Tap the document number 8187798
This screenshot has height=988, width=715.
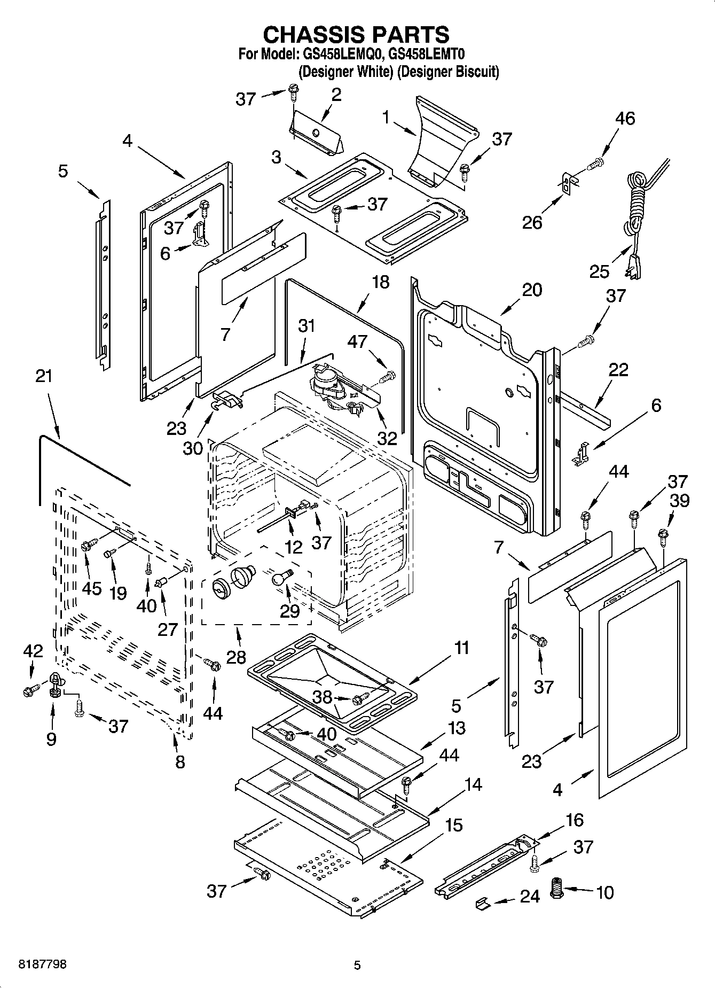(43, 964)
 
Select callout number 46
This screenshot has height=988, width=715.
(625, 118)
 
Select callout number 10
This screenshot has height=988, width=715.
(604, 892)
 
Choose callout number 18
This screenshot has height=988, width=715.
(381, 282)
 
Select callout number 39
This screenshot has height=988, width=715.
(680, 501)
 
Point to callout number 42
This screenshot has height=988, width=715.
(33, 650)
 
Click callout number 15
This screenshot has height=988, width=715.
(453, 825)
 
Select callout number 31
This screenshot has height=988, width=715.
(307, 325)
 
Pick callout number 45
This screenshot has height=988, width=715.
(92, 588)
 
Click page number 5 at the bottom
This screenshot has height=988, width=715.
(357, 965)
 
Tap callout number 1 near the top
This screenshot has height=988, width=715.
(386, 117)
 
